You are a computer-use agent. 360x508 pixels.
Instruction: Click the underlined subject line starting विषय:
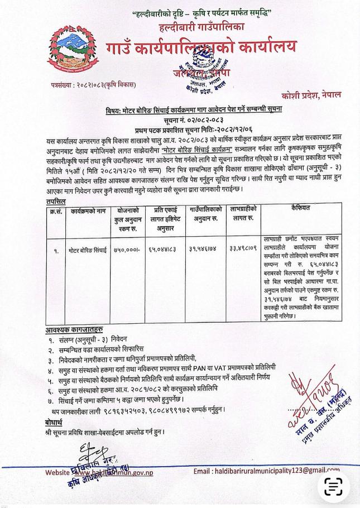[195, 111]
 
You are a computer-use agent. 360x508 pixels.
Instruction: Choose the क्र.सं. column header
[54, 195]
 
